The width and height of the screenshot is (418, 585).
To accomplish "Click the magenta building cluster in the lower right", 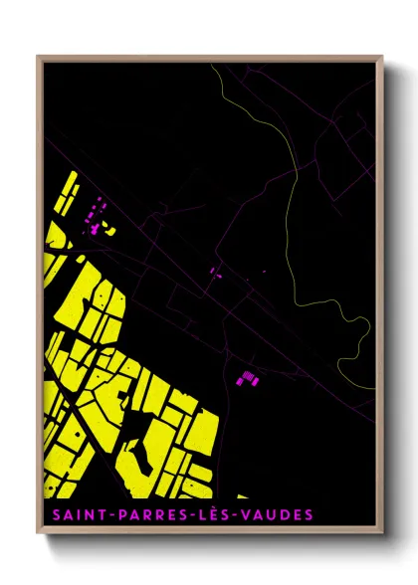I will coord(246,377).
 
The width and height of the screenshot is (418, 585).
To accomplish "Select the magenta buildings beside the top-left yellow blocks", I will coord(96,215).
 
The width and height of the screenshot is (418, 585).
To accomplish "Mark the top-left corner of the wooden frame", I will coord(38,56).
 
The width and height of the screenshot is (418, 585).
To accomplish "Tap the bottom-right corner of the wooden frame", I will coord(383,535).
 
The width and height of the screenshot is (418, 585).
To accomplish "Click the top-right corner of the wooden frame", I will coord(383,56).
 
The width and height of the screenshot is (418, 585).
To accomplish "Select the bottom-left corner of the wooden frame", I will coord(38,535).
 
